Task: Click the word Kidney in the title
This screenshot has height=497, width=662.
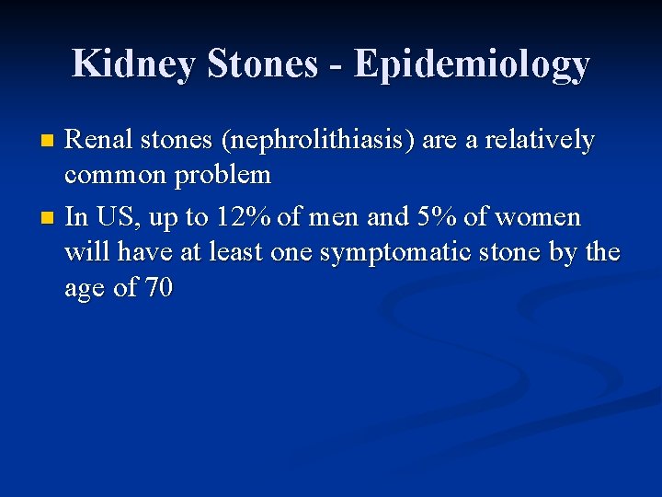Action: point(133,64)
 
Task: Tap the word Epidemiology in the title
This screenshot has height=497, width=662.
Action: point(472,64)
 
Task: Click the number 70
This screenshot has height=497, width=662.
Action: point(159,288)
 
